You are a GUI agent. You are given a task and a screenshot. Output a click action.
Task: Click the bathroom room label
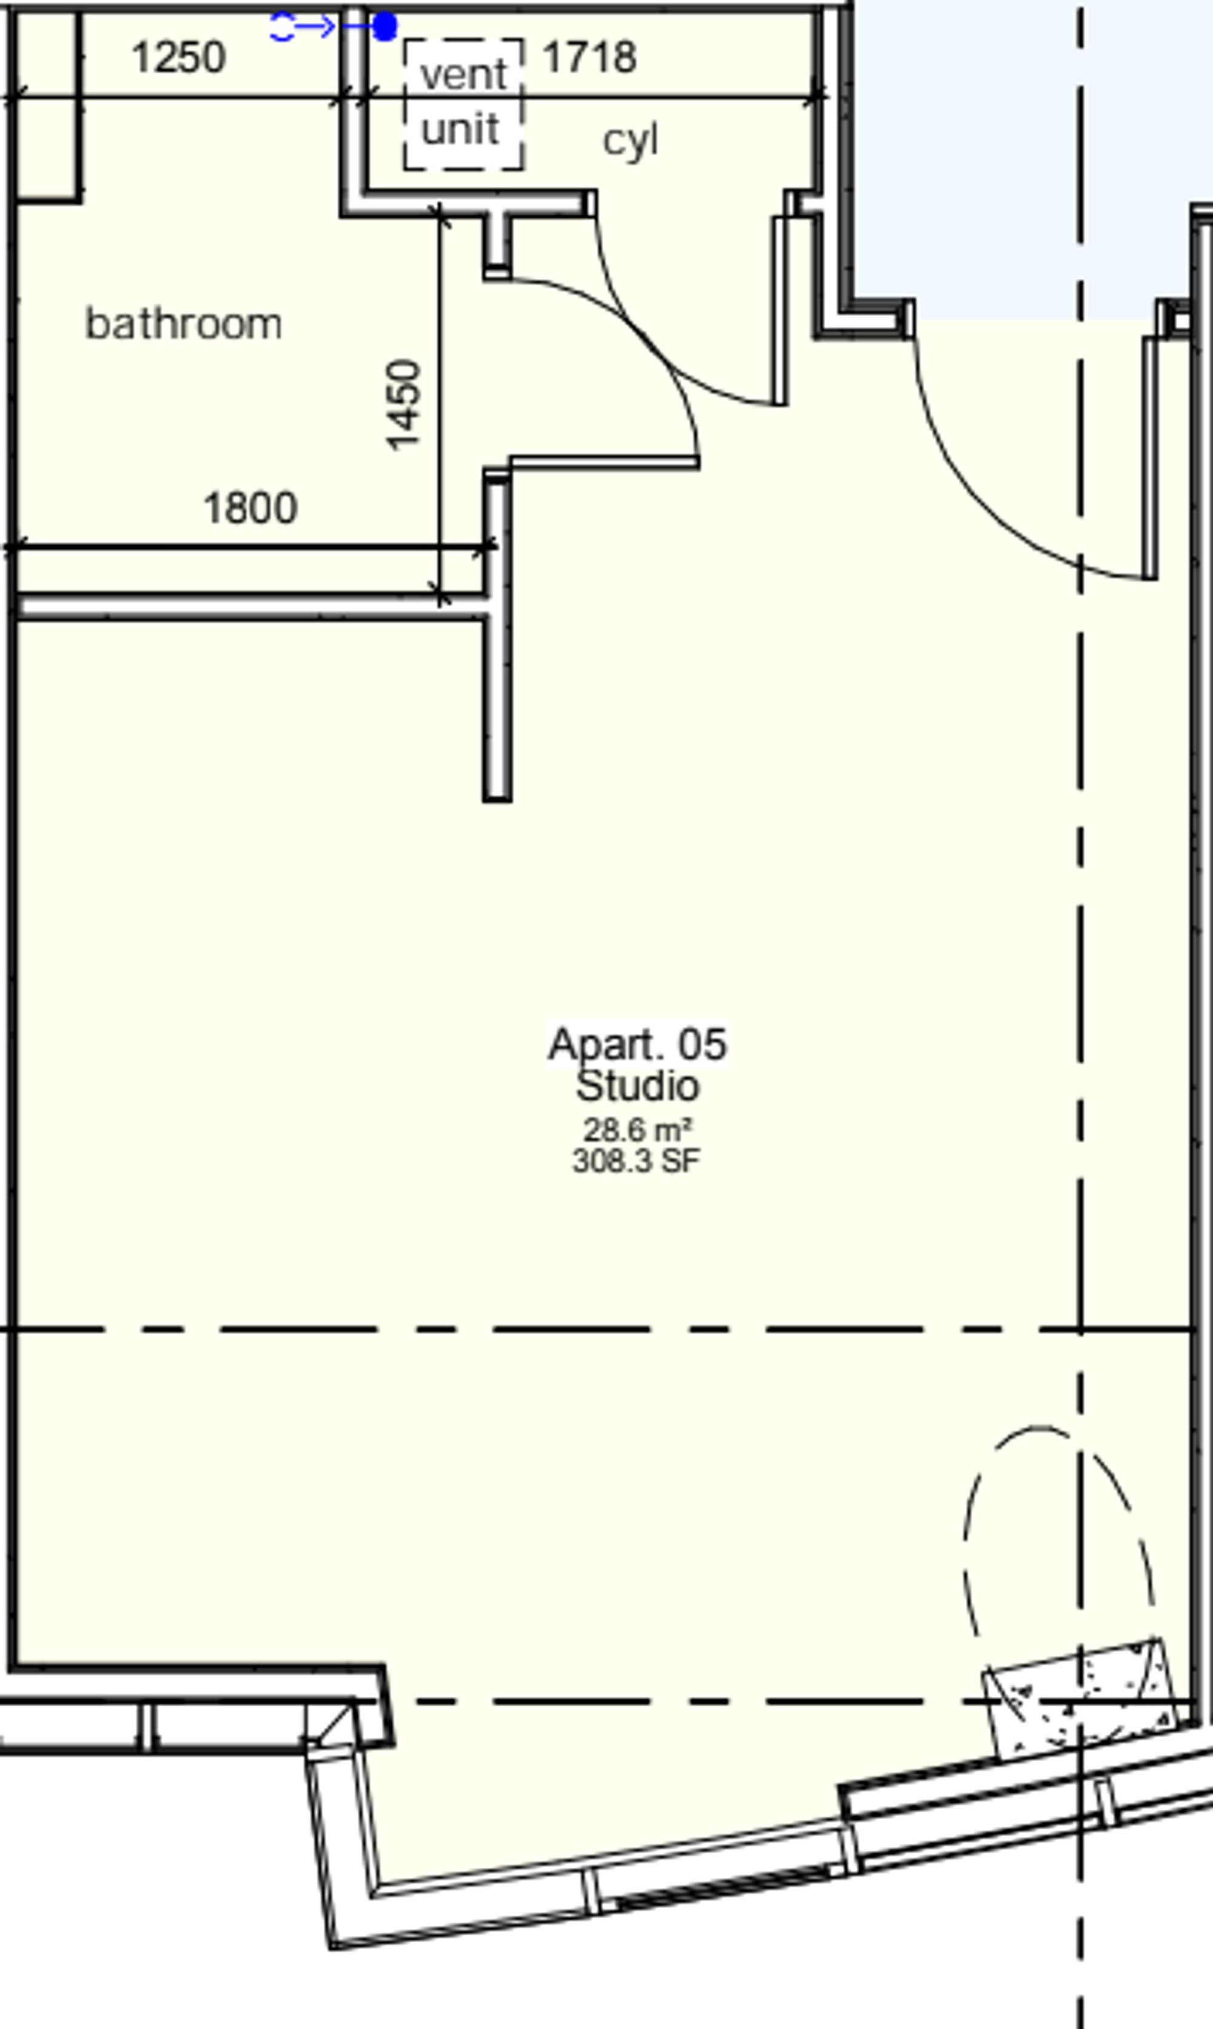184,324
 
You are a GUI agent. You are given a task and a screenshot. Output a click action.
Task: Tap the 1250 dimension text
178,58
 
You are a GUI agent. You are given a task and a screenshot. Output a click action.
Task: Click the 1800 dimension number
250,508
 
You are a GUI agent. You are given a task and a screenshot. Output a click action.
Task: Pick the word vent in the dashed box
463,75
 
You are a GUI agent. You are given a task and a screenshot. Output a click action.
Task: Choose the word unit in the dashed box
460,129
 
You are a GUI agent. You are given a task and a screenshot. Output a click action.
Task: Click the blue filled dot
384,27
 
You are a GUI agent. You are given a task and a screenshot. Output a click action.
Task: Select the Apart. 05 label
637,1044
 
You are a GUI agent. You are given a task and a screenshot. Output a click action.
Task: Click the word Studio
637,1086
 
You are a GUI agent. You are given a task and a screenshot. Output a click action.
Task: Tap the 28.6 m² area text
637,1130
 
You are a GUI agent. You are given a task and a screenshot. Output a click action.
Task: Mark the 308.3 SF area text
637,1161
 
